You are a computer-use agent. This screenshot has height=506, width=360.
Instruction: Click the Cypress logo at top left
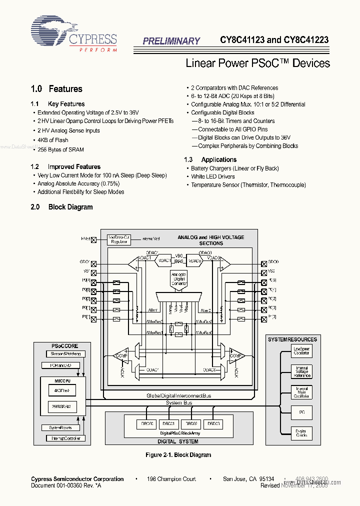(74, 34)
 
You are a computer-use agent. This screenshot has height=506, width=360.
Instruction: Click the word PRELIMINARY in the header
(171, 41)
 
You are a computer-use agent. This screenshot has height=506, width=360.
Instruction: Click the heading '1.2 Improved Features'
(65, 166)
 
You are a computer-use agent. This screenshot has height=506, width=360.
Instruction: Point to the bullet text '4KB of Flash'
(53, 140)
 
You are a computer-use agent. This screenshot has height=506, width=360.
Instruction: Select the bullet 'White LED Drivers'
(212, 176)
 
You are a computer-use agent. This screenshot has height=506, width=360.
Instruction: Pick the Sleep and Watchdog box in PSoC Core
(65, 354)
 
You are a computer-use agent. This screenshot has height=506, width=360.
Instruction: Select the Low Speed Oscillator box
(301, 351)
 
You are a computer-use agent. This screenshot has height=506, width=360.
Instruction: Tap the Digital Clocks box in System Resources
(301, 433)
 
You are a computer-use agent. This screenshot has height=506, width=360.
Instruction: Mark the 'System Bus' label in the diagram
(179, 402)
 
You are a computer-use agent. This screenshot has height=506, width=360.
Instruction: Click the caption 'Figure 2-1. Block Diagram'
(178, 455)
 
